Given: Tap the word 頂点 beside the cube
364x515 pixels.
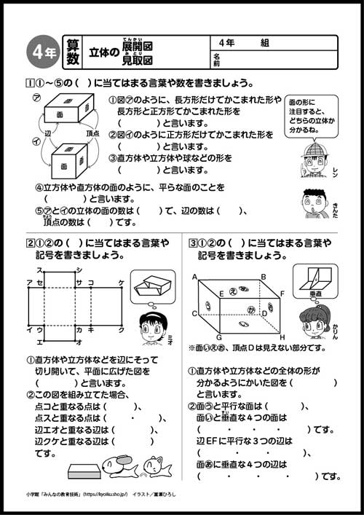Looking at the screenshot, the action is pos(92,134).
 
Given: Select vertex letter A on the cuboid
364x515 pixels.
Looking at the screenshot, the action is pos(195,278).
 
